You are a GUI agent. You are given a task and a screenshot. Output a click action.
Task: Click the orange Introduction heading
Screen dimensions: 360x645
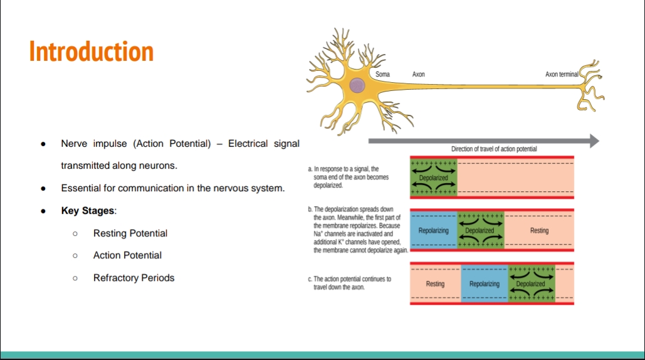point(92,51)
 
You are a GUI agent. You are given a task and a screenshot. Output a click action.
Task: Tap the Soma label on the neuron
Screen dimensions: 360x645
point(382,75)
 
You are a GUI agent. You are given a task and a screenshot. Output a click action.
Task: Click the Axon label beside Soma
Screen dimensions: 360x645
point(418,75)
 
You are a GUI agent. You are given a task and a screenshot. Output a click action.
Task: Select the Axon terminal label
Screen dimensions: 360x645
point(562,75)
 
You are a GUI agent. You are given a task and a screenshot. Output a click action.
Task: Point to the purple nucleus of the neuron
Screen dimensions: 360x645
point(357,85)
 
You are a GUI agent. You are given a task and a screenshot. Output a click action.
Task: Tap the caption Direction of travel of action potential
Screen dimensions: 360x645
point(494,149)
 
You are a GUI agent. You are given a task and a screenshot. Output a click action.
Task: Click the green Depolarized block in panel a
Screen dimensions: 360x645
point(434,177)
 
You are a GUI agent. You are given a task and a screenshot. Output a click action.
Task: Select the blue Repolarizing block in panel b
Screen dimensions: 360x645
point(434,231)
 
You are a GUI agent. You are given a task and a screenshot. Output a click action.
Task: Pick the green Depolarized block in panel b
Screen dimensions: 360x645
point(480,231)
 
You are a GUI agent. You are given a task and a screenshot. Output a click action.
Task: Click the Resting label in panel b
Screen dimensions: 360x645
point(539,231)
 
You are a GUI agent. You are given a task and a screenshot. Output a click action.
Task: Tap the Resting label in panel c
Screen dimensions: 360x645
point(435,284)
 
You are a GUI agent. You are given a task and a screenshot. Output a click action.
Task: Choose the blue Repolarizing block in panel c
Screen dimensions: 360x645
point(485,284)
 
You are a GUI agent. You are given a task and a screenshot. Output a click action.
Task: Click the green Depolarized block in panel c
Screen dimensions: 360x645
point(531,284)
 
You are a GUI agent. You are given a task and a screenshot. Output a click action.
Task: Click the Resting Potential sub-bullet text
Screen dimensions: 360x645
point(130,233)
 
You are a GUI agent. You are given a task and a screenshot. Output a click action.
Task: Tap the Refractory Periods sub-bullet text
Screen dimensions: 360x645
point(134,278)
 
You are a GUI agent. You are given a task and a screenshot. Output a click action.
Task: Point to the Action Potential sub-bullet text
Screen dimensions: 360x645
point(127,255)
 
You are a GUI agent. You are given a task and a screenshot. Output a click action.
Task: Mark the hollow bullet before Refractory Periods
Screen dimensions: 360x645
point(75,278)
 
